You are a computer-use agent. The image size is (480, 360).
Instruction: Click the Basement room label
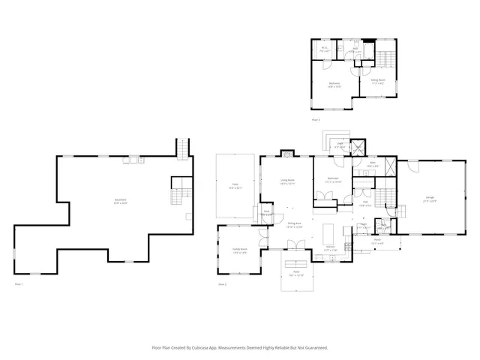point(120,200)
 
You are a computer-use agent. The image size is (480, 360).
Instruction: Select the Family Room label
point(239,251)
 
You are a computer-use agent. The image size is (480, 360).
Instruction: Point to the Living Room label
point(287,181)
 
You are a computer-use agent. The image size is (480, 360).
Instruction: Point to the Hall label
point(364,202)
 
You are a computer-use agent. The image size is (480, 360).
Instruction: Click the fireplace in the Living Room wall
point(287,154)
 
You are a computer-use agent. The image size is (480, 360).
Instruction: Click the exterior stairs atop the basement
point(181,148)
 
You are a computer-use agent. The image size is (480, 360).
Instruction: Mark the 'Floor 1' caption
point(19,285)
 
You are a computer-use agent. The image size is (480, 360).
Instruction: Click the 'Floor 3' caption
point(316,120)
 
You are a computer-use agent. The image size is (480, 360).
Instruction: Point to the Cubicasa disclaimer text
point(240,348)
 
